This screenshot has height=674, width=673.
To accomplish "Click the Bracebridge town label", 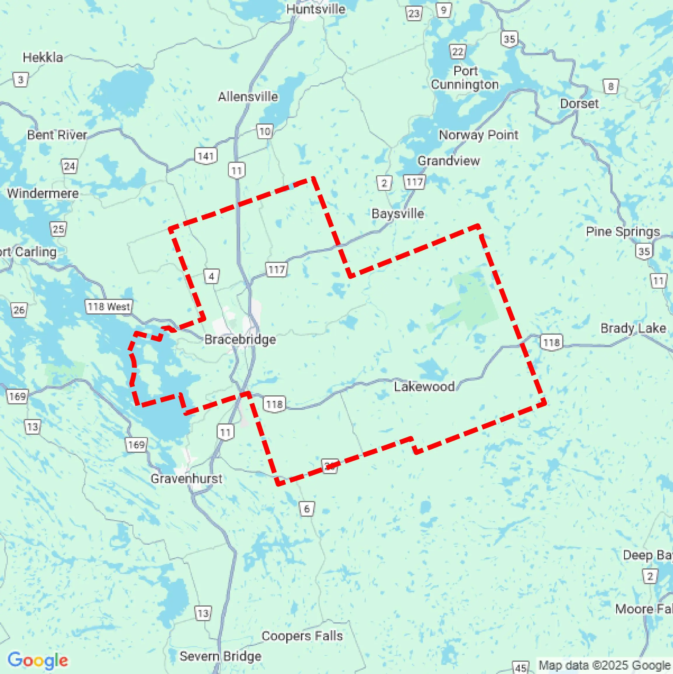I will pos(240,339).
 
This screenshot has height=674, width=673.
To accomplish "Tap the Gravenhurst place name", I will pos(187,478).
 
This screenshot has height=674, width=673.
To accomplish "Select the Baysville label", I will pos(398,214).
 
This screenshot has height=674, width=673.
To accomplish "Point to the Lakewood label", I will pos(424,387).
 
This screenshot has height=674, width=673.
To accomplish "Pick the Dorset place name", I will pos(579,104).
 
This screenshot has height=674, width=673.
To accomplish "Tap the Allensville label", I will pos(248,97).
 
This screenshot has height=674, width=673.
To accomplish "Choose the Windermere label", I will pos(43,193).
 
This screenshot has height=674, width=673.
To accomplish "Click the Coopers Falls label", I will pos(302,635).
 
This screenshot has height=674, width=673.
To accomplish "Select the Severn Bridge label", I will pos(220,656).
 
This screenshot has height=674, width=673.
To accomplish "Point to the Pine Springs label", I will pos(623,232).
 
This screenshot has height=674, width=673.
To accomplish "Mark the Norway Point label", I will pos(478,135).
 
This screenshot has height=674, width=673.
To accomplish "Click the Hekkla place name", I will pos(43,57).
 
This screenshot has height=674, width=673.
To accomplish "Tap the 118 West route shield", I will pos(109,307).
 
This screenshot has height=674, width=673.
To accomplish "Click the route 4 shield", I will pos(211,277).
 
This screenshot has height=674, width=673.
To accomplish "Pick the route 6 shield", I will pos(307,509).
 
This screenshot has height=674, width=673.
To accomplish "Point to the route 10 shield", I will pos(265,132).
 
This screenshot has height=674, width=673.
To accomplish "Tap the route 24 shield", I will pos(69,166).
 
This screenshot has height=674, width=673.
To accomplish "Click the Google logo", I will pos(38,660).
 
